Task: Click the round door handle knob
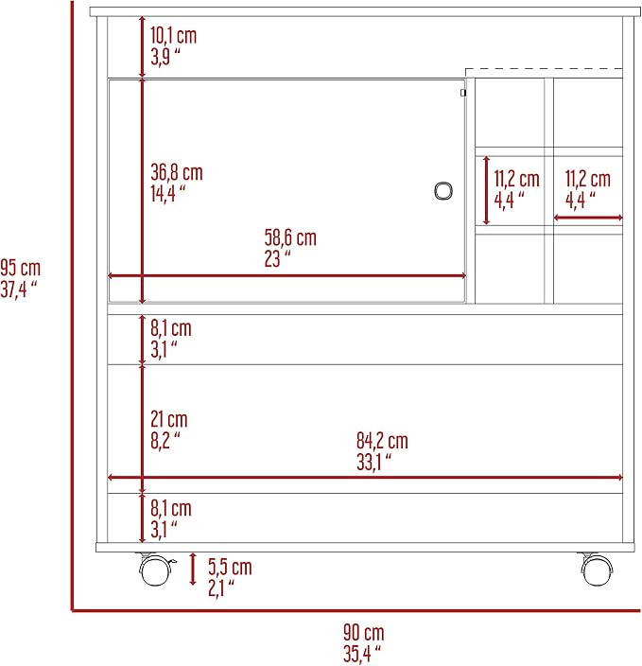coord(443,191)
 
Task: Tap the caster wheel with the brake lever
coord(155,570)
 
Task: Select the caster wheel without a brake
coord(597,570)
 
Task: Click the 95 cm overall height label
coord(21,269)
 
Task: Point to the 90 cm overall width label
coord(364,633)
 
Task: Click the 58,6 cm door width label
coord(290,237)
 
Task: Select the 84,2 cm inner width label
coord(382,441)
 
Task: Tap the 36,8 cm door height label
coord(177,172)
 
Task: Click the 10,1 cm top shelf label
coord(174,36)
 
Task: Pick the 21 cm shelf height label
coord(169,419)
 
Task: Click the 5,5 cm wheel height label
coord(230,567)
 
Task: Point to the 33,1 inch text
coord(373,462)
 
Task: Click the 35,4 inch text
coord(362,654)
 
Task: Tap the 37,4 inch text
coord(19,289)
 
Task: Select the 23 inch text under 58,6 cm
coord(278,258)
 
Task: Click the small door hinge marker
coord(463,93)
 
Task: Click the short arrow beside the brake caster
coord(193,570)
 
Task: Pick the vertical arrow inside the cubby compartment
coord(487,191)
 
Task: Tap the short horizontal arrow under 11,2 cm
coord(588,218)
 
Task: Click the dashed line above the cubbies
coord(544,68)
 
